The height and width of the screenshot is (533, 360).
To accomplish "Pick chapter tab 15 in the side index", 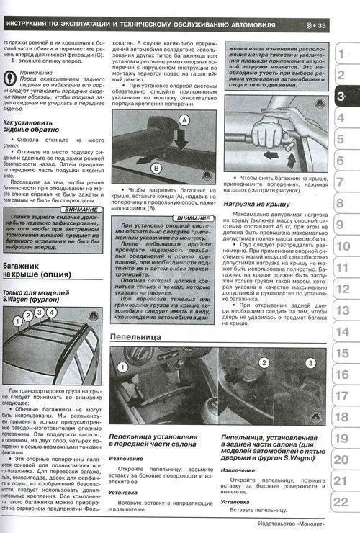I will coord(342,352).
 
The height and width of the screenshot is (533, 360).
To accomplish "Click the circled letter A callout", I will coord(185,119).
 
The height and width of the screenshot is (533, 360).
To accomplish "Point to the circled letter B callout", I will coord(156,168).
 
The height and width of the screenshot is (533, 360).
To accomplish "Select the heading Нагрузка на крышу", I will coord(257,205).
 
